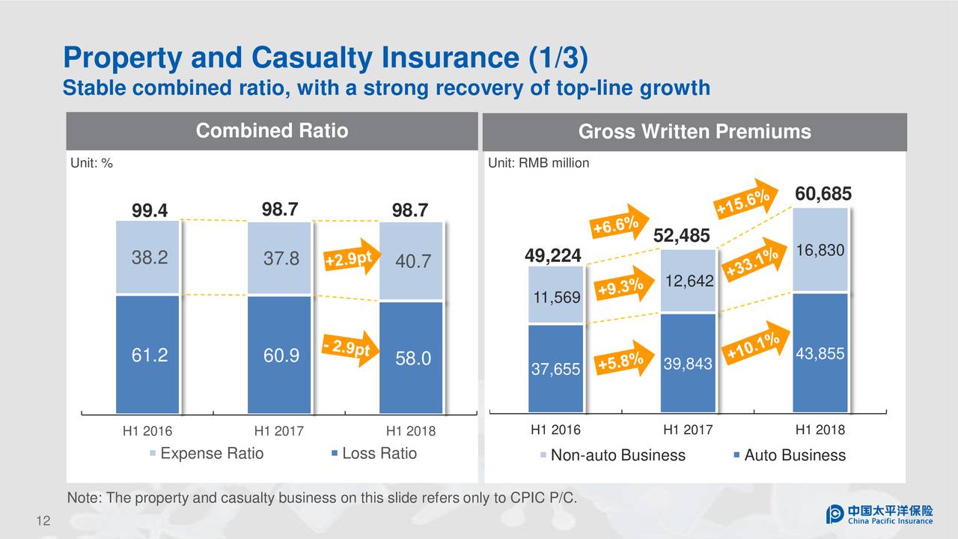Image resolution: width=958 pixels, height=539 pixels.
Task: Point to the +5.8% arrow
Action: coord(620,362)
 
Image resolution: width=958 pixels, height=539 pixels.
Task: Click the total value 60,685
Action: coord(823,195)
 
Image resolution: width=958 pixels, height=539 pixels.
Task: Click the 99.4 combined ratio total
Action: coord(150,211)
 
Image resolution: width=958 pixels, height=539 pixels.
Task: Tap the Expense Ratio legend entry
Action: coord(207,454)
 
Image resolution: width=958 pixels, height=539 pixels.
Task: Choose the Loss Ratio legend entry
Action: coord(373,454)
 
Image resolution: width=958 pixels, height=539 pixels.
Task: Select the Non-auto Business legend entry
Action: coord(612,455)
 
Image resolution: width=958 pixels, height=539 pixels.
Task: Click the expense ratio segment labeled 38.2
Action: coord(148,258)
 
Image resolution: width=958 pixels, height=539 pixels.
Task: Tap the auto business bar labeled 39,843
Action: coord(688,363)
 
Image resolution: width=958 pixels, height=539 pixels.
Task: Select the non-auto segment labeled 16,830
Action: coord(820,250)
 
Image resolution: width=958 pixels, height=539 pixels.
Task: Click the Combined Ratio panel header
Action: coord(272,132)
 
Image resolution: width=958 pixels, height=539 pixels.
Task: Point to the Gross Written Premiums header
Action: coord(695,133)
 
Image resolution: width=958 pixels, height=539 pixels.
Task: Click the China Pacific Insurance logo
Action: coord(879,514)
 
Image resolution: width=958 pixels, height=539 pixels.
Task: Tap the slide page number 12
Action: coord(43,522)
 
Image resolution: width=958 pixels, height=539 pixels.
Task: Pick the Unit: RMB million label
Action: coord(538,163)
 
